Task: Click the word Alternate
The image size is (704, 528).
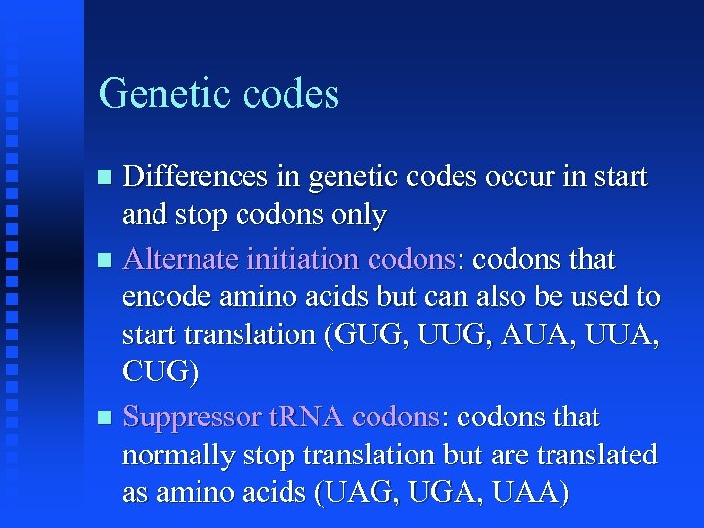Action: pyautogui.click(x=185, y=260)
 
